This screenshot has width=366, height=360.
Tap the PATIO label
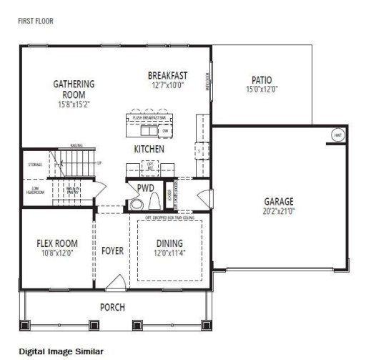[x=261, y=79]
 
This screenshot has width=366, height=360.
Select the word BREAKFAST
[x=167, y=75]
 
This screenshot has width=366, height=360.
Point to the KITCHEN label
[x=149, y=149]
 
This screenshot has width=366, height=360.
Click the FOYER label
[x=112, y=251]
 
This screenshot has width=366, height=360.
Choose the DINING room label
[x=169, y=243]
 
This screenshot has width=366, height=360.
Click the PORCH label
[x=113, y=307]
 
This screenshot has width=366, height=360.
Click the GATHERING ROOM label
[x=74, y=89]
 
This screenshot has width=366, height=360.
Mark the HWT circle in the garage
[x=337, y=135]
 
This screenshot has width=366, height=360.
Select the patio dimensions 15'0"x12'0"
[x=261, y=89]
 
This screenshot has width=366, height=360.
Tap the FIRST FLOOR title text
[x=35, y=21]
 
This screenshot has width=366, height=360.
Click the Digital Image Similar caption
[x=61, y=351]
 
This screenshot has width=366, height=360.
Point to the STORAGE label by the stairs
[x=35, y=164]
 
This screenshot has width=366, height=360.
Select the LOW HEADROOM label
[x=35, y=191]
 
